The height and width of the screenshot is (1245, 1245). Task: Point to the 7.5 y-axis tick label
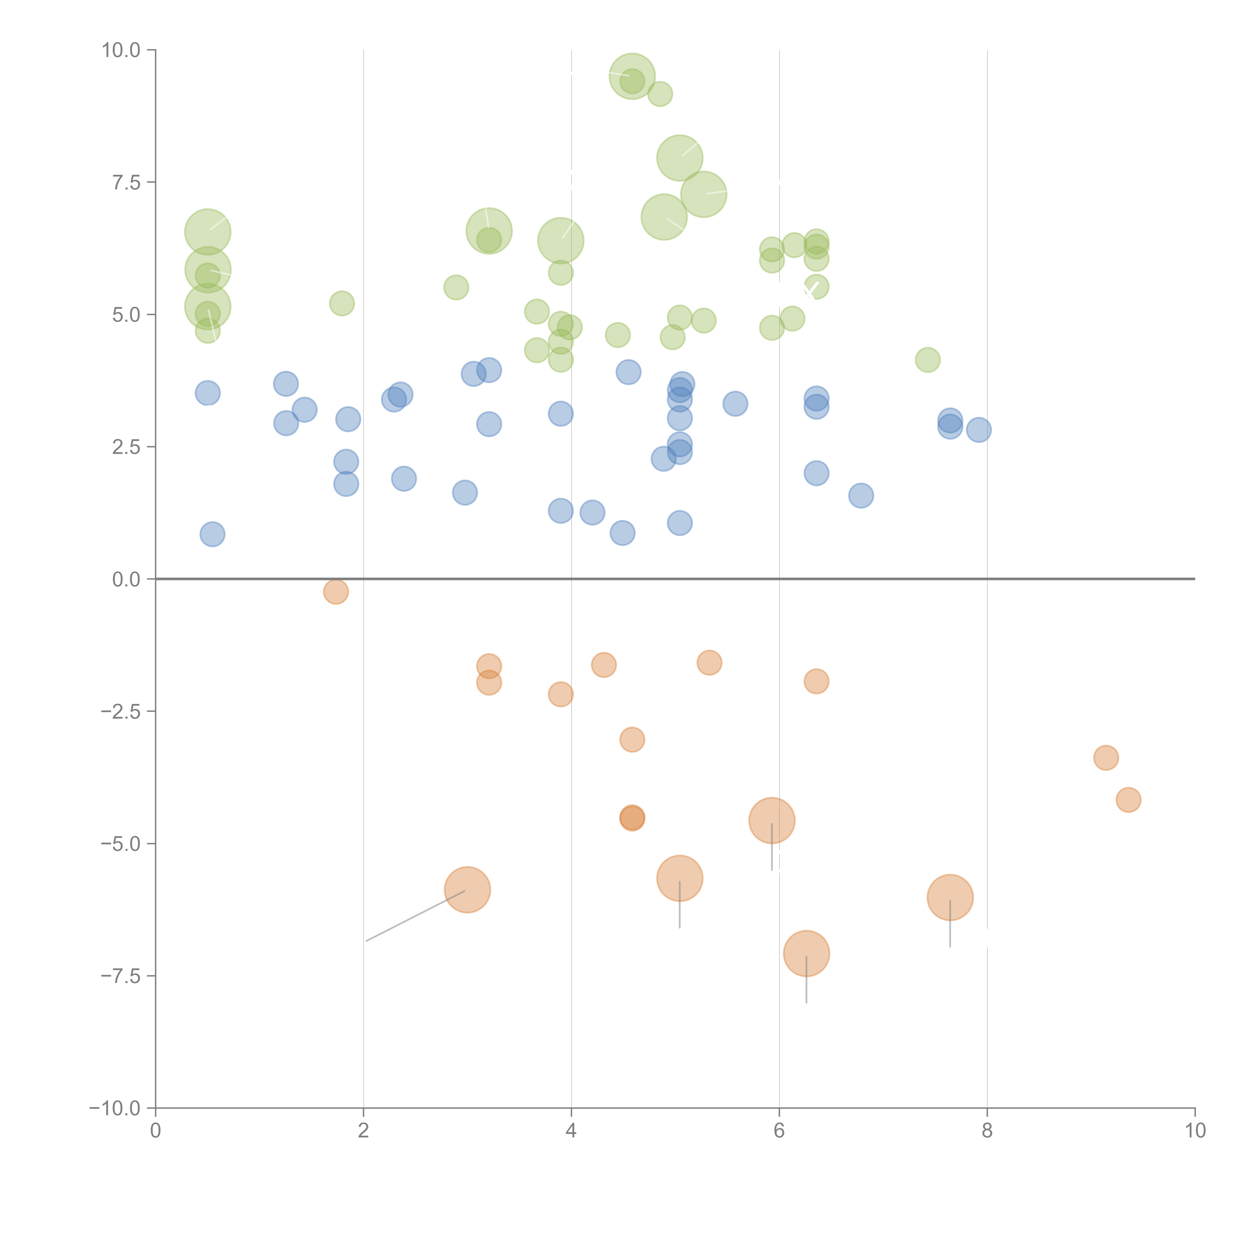point(126,182)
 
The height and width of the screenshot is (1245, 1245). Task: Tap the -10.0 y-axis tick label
point(115,1108)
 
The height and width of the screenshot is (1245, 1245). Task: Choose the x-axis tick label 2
point(364,1131)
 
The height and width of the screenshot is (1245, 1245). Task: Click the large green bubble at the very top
point(632,76)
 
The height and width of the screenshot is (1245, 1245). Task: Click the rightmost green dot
point(927,360)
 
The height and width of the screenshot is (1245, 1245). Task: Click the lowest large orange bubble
point(806,953)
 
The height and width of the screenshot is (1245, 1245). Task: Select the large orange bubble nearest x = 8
point(950,897)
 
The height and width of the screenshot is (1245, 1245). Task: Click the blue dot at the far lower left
point(212,534)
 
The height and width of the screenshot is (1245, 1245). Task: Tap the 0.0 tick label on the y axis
point(126,579)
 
